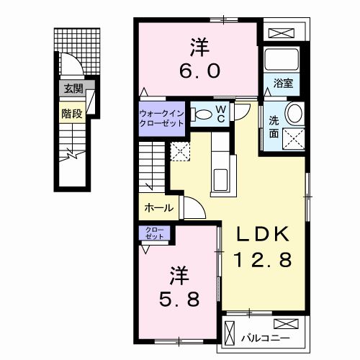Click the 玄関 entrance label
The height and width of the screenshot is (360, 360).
[73, 89]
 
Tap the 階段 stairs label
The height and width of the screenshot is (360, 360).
[72, 114]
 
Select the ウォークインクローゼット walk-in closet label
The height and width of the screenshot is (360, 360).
[161, 118]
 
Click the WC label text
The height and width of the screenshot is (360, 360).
[221, 114]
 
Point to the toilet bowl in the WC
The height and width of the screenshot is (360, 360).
[202, 114]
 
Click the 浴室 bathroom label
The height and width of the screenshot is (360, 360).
[283, 83]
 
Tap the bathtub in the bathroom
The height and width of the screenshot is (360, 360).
[282, 60]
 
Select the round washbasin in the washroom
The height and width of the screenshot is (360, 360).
[294, 114]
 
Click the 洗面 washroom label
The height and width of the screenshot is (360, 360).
[274, 127]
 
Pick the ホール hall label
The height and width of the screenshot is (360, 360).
[159, 208]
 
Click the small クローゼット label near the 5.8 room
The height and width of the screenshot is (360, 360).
[154, 233]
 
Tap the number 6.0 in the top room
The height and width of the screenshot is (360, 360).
[199, 71]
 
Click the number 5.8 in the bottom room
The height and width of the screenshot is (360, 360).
[179, 300]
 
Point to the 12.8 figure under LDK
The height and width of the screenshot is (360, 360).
[263, 259]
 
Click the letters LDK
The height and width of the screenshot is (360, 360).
[263, 234]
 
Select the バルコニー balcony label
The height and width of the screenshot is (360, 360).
[266, 338]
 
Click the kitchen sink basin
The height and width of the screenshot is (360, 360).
[220, 180]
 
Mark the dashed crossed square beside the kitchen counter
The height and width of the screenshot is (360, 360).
[180, 151]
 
